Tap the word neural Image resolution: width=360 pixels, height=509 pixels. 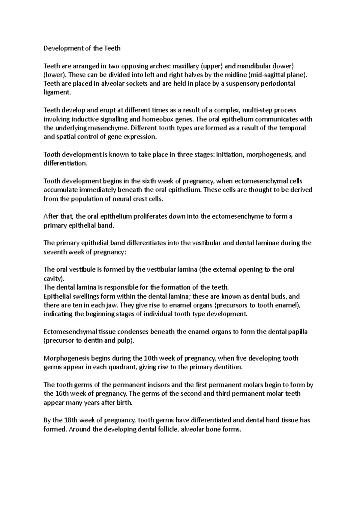[x=120, y=199]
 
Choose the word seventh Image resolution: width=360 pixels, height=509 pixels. [x=55, y=252]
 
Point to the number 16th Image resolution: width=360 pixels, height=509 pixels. [x=62, y=394]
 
